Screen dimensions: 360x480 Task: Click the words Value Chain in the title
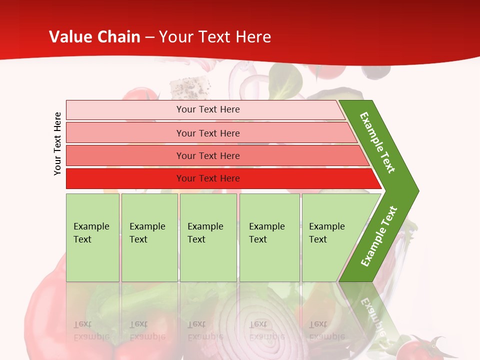coord(94,37)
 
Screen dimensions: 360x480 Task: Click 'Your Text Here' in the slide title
coord(215,37)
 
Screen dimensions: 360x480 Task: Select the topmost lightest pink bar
coord(207,109)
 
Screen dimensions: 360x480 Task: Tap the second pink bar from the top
coord(207,133)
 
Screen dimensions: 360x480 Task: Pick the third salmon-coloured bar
coord(207,155)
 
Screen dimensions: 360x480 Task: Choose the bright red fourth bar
coord(207,178)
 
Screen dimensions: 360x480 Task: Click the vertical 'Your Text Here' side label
coord(57,143)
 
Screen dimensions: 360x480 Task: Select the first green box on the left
coord(92,237)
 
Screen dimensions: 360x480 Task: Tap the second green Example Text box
coord(149,237)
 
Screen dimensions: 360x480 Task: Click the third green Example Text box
coord(208,237)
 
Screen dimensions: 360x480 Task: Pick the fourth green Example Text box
coord(269,237)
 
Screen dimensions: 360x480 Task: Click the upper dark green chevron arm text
coord(377,142)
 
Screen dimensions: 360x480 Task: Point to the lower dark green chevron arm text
coord(378,236)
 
